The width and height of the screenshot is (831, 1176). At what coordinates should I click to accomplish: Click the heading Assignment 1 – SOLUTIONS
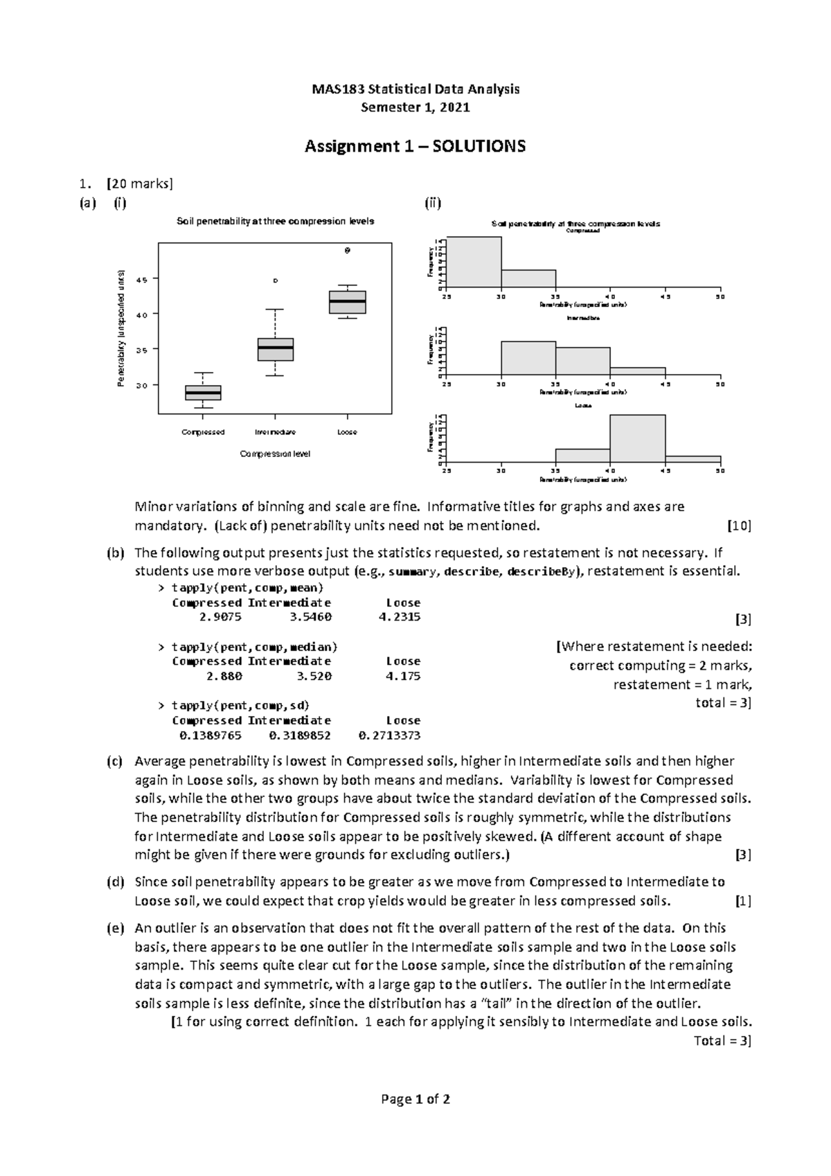point(415,146)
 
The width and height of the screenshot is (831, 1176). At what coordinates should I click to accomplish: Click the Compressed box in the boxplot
point(203,393)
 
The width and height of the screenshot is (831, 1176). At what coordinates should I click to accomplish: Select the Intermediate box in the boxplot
point(275,349)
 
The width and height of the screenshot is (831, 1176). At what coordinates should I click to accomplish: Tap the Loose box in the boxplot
point(348,302)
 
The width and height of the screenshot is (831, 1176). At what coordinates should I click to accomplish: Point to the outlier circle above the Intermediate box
point(275,280)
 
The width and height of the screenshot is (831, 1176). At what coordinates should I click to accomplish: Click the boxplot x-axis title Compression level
point(275,454)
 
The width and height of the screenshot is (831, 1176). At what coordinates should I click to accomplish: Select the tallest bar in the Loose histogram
point(637,438)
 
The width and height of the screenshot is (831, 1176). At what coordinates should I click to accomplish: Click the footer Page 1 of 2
point(415,1099)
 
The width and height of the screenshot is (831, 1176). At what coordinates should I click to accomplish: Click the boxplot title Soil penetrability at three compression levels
point(275,222)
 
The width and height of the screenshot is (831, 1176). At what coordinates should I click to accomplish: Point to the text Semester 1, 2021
point(415,107)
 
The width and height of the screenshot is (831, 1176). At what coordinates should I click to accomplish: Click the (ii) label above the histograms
point(433,203)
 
